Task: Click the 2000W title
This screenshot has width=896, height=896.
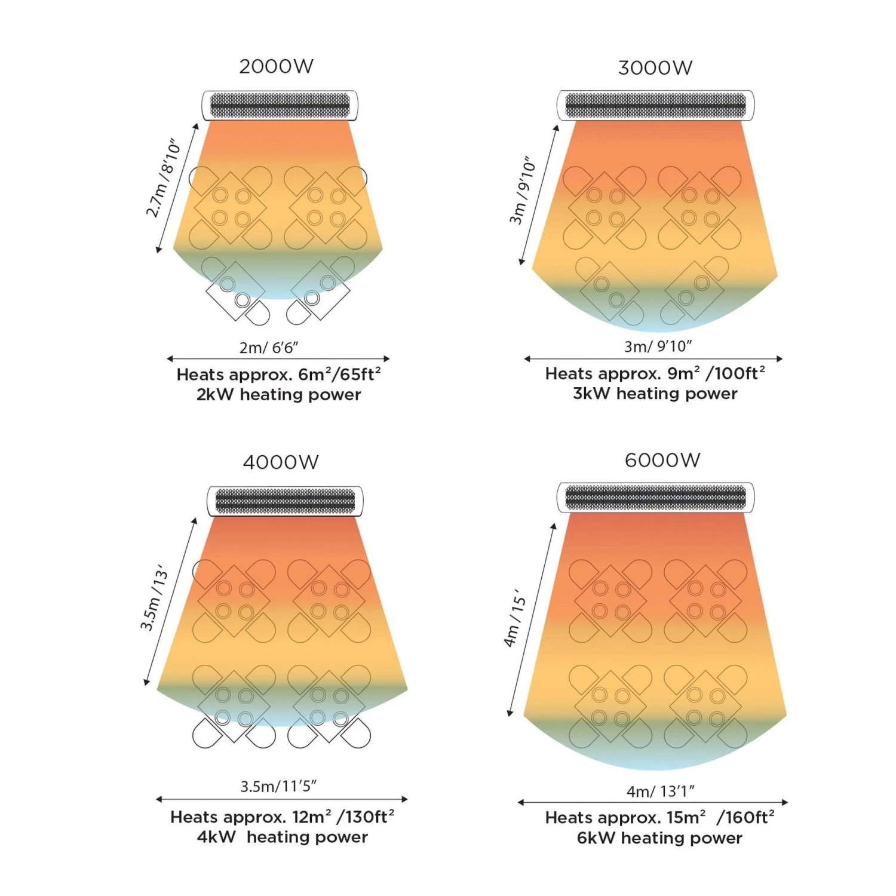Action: [276, 66]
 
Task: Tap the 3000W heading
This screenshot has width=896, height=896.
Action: [655, 68]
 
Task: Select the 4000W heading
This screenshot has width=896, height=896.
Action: [281, 462]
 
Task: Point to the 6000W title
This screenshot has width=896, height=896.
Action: [662, 461]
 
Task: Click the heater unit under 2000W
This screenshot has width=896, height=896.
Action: [280, 106]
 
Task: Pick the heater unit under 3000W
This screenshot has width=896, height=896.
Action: [655, 106]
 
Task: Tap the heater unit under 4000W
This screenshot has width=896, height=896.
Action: [285, 501]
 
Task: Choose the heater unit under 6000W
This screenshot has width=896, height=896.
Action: [655, 498]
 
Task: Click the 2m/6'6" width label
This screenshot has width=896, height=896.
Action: [269, 347]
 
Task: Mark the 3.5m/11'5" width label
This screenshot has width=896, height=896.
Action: [278, 786]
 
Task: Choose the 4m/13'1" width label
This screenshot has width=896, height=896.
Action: [660, 791]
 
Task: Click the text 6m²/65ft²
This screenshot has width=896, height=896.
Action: [339, 375]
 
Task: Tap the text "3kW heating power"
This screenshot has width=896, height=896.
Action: [655, 394]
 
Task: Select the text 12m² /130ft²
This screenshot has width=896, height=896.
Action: [343, 817]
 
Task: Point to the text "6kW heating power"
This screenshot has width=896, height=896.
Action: [659, 838]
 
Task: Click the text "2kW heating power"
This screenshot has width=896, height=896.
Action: [279, 395]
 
